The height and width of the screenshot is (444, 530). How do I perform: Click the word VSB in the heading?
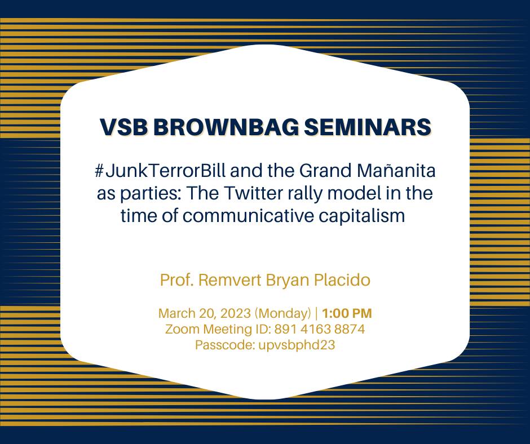tap(123, 127)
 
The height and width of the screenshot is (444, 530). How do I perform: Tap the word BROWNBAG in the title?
tap(226, 127)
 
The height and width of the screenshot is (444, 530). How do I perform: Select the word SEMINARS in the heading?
tap(368, 127)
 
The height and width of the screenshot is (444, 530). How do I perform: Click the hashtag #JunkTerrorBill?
tap(160, 171)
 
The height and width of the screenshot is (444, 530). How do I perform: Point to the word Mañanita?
tap(396, 170)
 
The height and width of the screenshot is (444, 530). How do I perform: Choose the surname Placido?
tap(342, 280)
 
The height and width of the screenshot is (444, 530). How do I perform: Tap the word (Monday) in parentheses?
tap(282, 314)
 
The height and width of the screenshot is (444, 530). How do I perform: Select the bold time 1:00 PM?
tap(347, 313)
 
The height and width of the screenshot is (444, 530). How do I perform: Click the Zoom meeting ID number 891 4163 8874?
tap(320, 329)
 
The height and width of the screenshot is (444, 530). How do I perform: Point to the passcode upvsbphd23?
tap(297, 345)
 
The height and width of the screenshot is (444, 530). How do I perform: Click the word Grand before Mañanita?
tap(326, 171)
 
